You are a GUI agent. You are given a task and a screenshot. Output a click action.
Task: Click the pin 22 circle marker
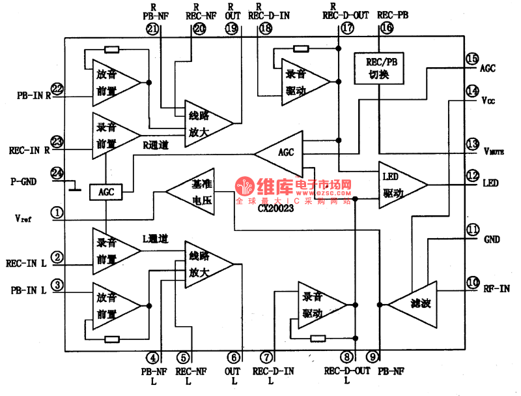pyautogui.click(x=57, y=89)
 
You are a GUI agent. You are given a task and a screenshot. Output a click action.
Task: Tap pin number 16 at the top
pyautogui.click(x=387, y=28)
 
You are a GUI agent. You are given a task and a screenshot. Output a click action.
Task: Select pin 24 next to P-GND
pyautogui.click(x=57, y=174)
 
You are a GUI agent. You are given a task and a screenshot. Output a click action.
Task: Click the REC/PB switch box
pyautogui.click(x=378, y=68)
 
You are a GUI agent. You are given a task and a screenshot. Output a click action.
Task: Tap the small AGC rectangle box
pyautogui.click(x=106, y=192)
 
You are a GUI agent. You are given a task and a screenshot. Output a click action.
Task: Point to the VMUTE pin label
pyautogui.click(x=496, y=151)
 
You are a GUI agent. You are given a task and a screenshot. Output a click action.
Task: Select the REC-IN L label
pyautogui.click(x=27, y=264)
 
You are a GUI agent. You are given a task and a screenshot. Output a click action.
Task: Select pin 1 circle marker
pyautogui.click(x=57, y=212)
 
